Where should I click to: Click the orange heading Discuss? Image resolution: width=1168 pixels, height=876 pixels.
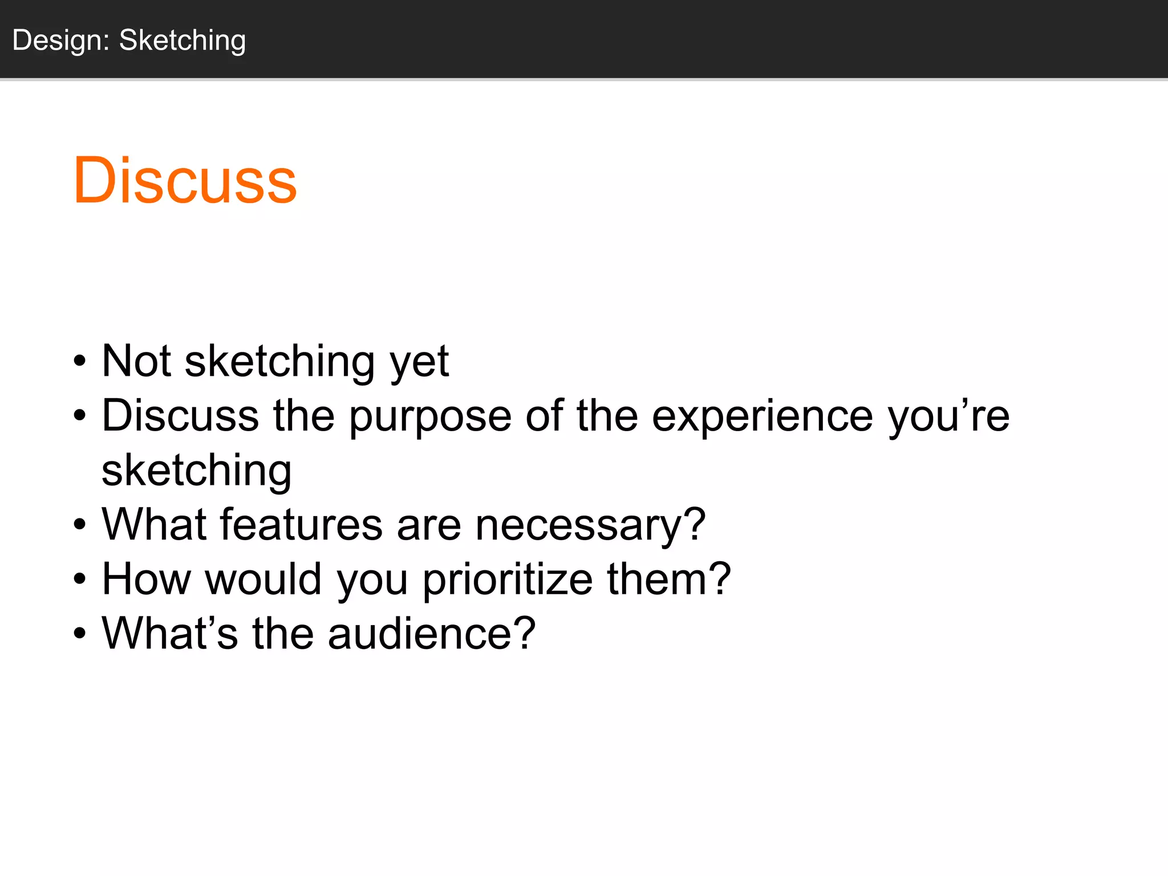tap(185, 181)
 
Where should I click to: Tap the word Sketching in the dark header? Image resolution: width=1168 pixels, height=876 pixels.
tap(182, 40)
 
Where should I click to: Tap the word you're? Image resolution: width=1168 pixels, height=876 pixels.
tap(948, 416)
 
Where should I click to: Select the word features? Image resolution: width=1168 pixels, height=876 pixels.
tap(301, 525)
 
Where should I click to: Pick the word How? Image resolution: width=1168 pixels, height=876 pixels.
tap(146, 579)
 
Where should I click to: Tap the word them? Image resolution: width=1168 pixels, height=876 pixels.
tap(668, 579)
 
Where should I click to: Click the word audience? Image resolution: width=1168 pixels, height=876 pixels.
tap(432, 634)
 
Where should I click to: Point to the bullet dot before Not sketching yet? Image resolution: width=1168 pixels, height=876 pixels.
tap(80, 362)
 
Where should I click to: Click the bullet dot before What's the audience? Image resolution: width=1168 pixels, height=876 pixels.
tap(80, 634)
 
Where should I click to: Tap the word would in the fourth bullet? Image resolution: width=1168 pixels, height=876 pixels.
tap(263, 579)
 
